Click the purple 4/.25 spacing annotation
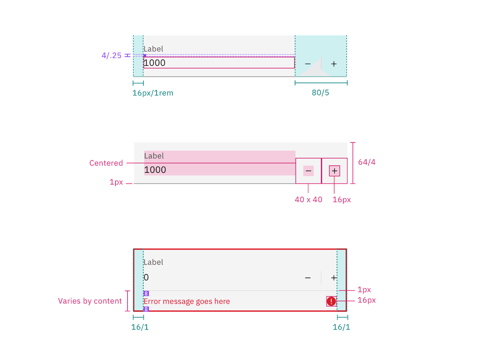pyautogui.click(x=112, y=55)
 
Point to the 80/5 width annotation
pyautogui.click(x=320, y=93)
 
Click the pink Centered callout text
pyautogui.click(x=106, y=163)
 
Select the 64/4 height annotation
pyautogui.click(x=367, y=162)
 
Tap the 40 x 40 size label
pyautogui.click(x=308, y=200)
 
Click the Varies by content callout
pyautogui.click(x=90, y=301)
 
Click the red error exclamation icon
pyautogui.click(x=331, y=301)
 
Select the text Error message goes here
pyautogui.click(x=187, y=301)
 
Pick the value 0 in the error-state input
pyautogui.click(x=146, y=277)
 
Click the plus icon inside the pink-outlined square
pyautogui.click(x=334, y=171)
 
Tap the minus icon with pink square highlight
pyautogui.click(x=308, y=171)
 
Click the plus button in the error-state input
pyautogui.click(x=334, y=277)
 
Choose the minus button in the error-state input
pyautogui.click(x=308, y=277)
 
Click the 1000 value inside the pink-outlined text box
pyautogui.click(x=155, y=63)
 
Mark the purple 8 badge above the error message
pyautogui.click(x=146, y=294)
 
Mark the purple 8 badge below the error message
pyautogui.click(x=146, y=309)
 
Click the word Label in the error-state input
pyautogui.click(x=153, y=262)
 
